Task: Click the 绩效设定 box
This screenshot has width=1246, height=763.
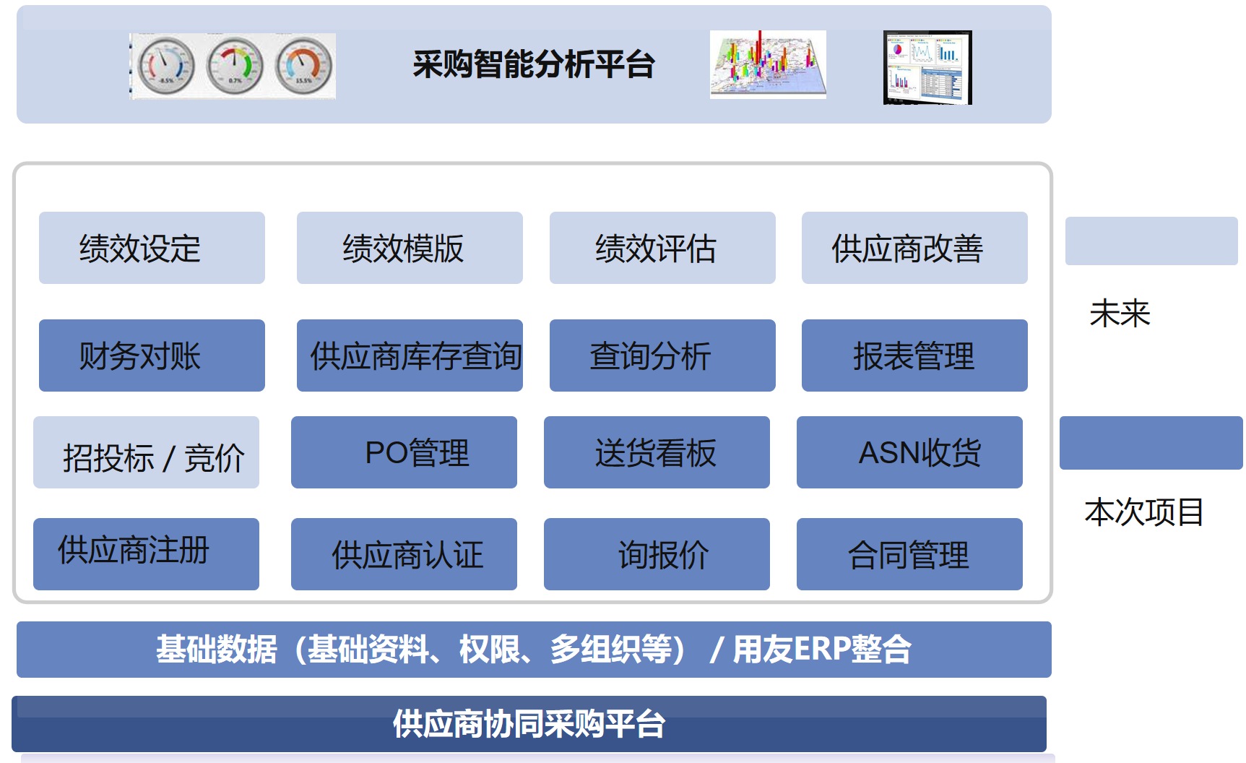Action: (x=152, y=248)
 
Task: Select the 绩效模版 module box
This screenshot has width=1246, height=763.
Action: (x=410, y=248)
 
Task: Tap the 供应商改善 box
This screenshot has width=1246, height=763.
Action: (x=914, y=248)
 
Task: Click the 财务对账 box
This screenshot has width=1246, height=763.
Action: (x=152, y=355)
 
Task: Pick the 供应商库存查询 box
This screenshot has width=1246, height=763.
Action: (x=410, y=355)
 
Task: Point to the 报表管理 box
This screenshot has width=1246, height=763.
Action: (x=914, y=355)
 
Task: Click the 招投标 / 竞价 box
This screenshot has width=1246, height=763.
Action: (x=146, y=452)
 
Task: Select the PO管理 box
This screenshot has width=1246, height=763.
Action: (x=404, y=452)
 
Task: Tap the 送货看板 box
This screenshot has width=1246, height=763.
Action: (x=657, y=452)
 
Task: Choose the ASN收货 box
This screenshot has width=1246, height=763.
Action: (x=909, y=452)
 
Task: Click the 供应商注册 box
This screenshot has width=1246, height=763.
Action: (x=146, y=553)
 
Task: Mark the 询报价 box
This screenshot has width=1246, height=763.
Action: (x=657, y=553)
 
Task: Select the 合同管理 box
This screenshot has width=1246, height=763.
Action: (x=909, y=553)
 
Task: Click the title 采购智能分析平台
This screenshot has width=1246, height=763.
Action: (x=533, y=64)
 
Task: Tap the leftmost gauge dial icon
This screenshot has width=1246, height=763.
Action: (x=166, y=66)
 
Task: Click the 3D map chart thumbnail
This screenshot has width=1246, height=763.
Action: (x=768, y=64)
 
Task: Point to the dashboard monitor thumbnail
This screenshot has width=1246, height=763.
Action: (x=927, y=67)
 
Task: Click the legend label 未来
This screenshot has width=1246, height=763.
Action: (x=1120, y=314)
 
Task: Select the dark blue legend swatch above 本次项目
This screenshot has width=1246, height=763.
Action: (x=1151, y=442)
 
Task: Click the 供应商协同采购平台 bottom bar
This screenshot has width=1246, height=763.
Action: (x=529, y=724)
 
